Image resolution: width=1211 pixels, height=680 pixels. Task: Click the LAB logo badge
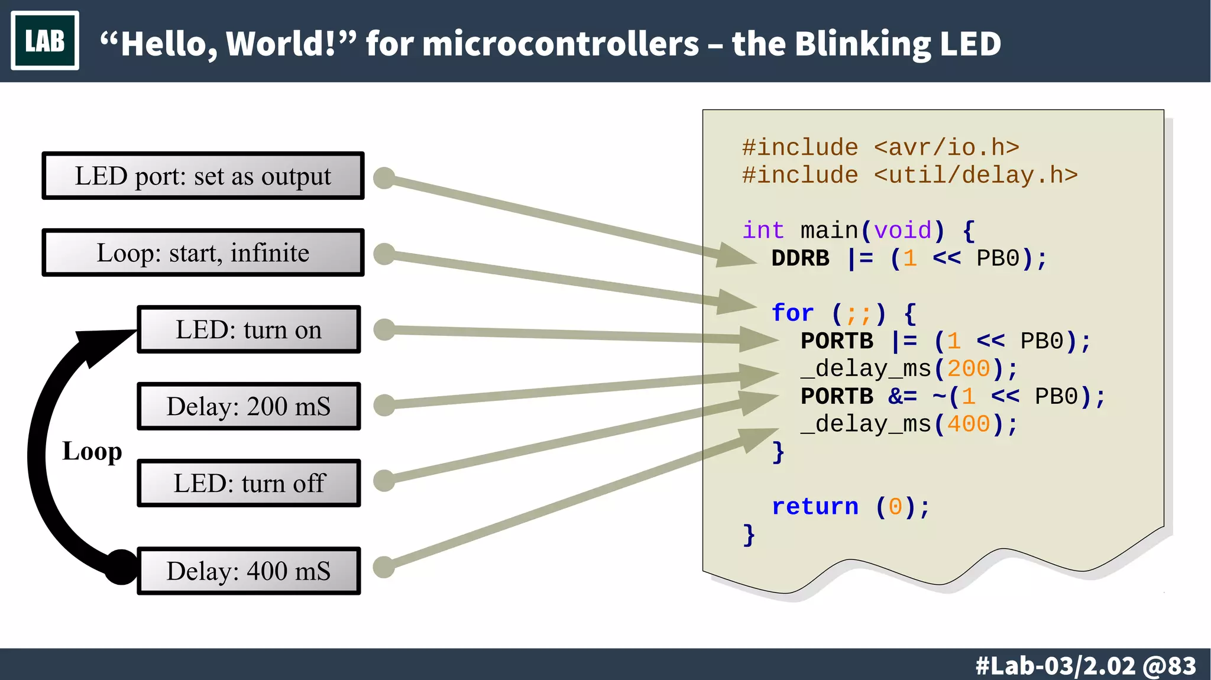pyautogui.click(x=45, y=41)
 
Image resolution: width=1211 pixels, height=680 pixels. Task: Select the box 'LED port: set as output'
pyautogui.click(x=203, y=176)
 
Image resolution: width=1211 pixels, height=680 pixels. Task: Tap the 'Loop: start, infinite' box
pyautogui.click(x=203, y=253)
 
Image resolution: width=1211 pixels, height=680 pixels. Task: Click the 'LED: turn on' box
pyautogui.click(x=248, y=330)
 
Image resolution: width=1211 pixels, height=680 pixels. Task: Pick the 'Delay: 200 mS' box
pyautogui.click(x=248, y=406)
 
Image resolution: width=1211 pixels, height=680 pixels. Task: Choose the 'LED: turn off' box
pyautogui.click(x=248, y=483)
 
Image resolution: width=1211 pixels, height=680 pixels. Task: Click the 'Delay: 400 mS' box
pyautogui.click(x=248, y=571)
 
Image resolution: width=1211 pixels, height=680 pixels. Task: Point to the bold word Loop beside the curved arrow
pyautogui.click(x=92, y=451)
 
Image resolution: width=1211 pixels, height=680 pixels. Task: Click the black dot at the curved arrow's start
pyautogui.click(x=121, y=567)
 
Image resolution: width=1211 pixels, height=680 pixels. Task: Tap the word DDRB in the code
pyautogui.click(x=800, y=258)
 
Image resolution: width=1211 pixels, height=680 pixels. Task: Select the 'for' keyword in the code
pyautogui.click(x=792, y=313)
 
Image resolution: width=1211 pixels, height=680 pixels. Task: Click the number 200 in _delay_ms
pyautogui.click(x=968, y=369)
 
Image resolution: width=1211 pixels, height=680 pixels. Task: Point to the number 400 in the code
pyautogui.click(x=968, y=424)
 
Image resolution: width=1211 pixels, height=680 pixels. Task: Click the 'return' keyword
pyautogui.click(x=815, y=507)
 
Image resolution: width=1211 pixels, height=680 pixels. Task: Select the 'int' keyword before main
pyautogui.click(x=763, y=231)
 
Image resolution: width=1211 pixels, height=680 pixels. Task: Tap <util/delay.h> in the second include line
pyautogui.click(x=976, y=176)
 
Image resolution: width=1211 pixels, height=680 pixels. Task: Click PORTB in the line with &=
pyautogui.click(x=837, y=396)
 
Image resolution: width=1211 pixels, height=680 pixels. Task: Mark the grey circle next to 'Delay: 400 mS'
pyautogui.click(x=384, y=567)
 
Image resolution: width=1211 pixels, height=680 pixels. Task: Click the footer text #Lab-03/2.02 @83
pyautogui.click(x=1086, y=666)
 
